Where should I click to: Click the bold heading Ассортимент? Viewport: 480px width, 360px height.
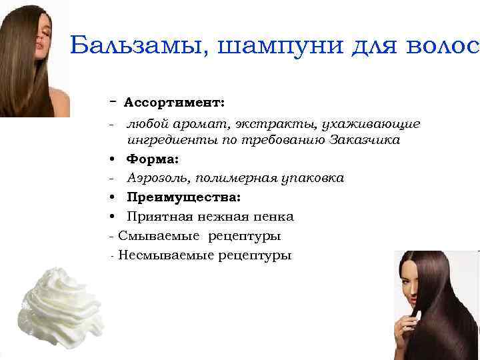tap(174, 103)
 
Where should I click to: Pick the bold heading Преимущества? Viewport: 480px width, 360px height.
tap(184, 197)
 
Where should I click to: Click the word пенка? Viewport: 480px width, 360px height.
tap(273, 217)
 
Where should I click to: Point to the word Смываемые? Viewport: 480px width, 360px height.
tap(159, 236)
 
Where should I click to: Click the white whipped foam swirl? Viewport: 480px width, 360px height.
tap(61, 303)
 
